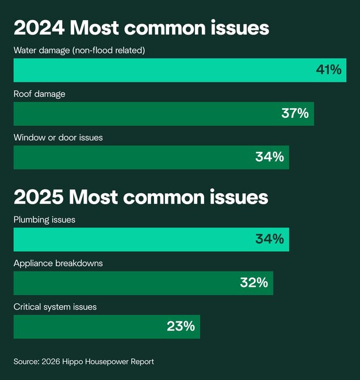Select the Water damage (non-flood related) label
coord(79,51)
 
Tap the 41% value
coord(328,70)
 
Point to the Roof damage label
coord(39,94)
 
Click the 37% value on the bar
coord(294,114)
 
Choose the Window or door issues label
coord(58,138)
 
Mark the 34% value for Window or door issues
coord(269,157)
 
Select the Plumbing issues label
coord(44,220)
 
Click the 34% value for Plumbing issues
coord(269,239)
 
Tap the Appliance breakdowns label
coord(58,263)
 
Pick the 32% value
coord(254,283)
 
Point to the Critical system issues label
coord(55,307)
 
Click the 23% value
coord(181,327)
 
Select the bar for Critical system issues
coord(86,327)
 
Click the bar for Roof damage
coord(144,114)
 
